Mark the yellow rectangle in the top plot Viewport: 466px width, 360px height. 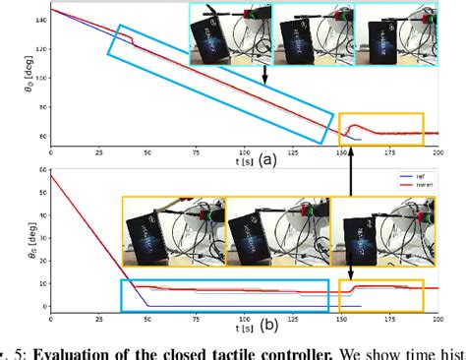click(380, 129)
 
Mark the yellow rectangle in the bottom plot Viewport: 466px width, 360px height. click(380, 295)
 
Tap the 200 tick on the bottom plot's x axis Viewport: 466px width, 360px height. click(437, 318)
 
